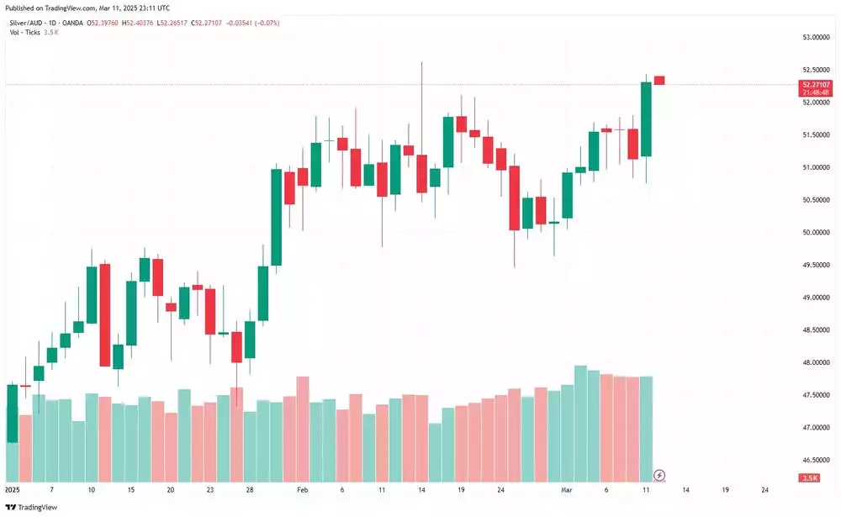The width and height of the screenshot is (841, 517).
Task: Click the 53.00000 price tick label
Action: click(x=815, y=38)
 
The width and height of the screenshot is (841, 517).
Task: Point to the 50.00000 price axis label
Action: click(x=815, y=232)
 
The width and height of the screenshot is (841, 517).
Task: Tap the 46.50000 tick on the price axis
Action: click(x=815, y=460)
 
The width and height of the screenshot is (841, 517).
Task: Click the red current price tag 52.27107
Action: click(x=817, y=84)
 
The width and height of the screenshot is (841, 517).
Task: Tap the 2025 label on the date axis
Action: click(x=13, y=488)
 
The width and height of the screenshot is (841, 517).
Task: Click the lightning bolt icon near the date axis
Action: click(x=660, y=475)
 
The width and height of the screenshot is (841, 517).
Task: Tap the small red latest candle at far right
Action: click(x=659, y=80)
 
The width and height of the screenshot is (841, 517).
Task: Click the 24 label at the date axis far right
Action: click(x=764, y=488)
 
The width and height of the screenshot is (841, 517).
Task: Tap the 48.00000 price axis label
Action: click(x=815, y=362)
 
